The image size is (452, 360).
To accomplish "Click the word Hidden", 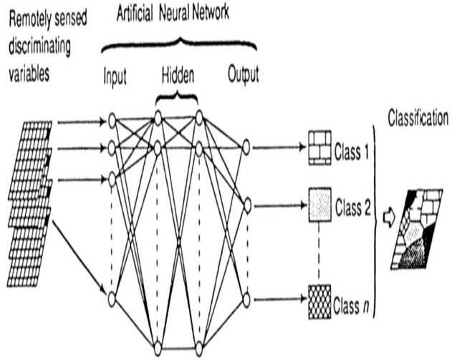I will (177, 74).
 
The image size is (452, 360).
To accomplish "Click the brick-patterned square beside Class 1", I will (319, 148).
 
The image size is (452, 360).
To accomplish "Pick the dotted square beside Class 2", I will (319, 205).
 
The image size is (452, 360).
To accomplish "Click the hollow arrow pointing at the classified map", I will (388, 213).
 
